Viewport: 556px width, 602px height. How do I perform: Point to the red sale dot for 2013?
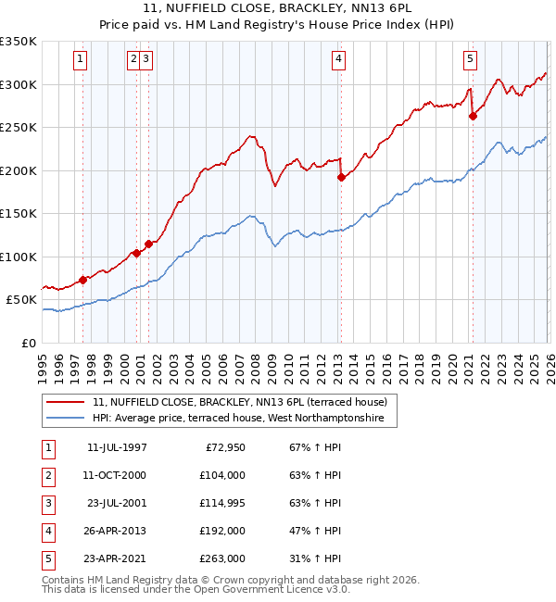coord(341,177)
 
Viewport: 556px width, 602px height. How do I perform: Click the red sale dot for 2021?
coord(473,116)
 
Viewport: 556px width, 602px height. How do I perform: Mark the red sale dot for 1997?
coord(82,279)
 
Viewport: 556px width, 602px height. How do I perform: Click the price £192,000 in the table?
coord(223,532)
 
